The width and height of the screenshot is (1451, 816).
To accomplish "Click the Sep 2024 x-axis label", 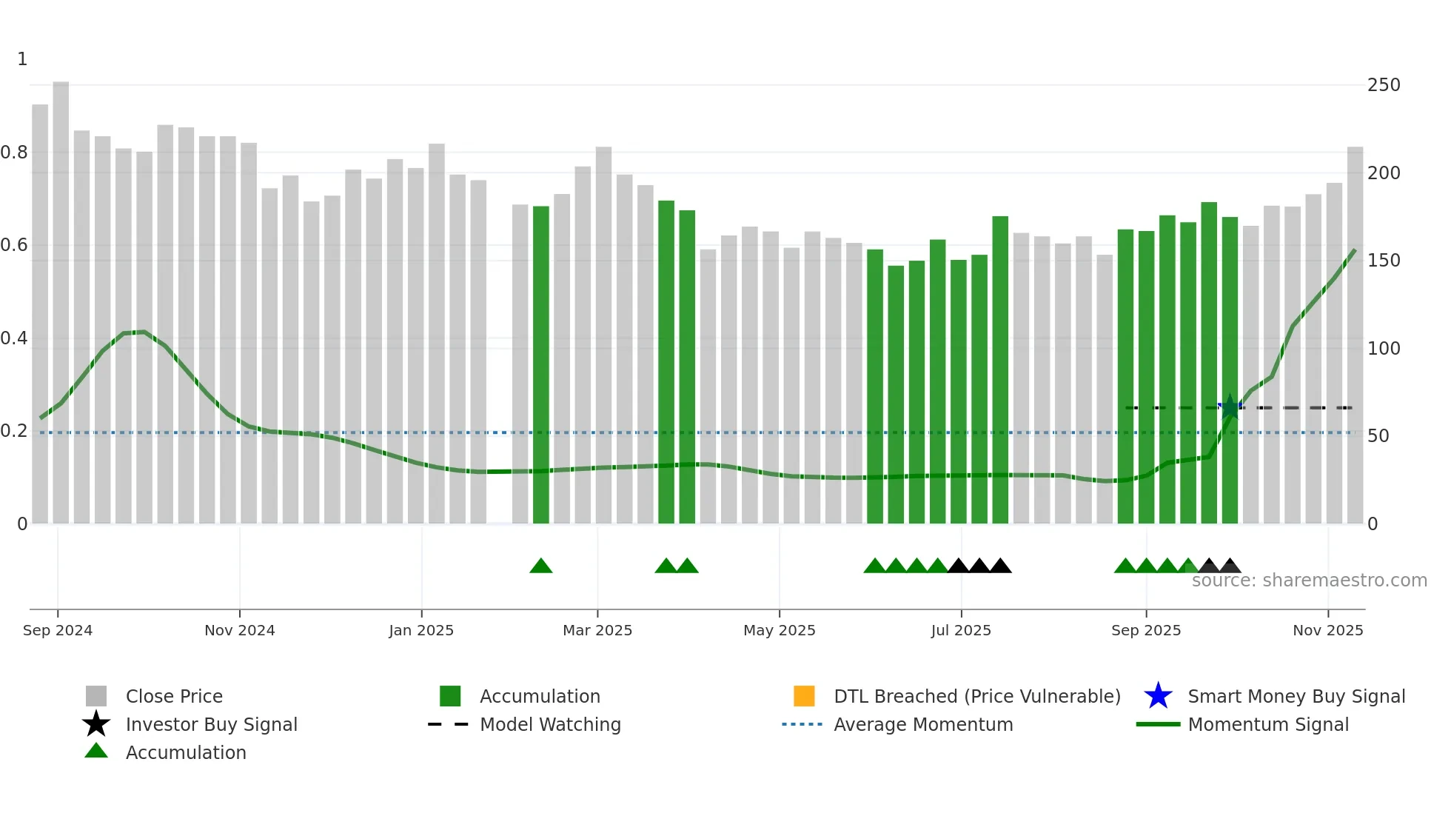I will (x=58, y=630).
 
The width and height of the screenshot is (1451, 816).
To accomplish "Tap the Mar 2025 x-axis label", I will (x=597, y=630).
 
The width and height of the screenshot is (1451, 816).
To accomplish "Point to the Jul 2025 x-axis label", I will (x=961, y=630).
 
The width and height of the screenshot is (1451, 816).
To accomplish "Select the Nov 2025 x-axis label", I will (x=1327, y=630).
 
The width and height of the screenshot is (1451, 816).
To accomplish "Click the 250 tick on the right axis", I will (x=1384, y=85).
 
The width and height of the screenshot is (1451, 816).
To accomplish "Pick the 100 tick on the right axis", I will (x=1384, y=348).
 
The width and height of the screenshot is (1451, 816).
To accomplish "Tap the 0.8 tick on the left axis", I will (x=15, y=153).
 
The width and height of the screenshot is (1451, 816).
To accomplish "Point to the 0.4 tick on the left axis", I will (x=15, y=338).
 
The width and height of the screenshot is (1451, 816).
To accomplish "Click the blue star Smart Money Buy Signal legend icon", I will (x=1158, y=696).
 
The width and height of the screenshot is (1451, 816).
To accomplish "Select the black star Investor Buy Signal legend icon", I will (x=96, y=724).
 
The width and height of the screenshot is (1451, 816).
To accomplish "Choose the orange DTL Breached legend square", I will (x=804, y=696).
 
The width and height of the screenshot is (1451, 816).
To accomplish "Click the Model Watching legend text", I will (x=550, y=724).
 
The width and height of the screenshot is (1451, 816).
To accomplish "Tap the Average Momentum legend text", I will (x=923, y=724).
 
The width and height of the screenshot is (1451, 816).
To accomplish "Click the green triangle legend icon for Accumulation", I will (x=96, y=751).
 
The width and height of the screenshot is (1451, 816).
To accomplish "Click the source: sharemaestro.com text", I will (x=1309, y=581).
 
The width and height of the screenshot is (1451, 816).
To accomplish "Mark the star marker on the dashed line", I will (x=1230, y=407).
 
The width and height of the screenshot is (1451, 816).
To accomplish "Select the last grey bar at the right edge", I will (x=1355, y=333).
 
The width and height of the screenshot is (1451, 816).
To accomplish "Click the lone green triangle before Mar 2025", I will (x=541, y=566).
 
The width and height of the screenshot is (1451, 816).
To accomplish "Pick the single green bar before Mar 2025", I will (x=541, y=363).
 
